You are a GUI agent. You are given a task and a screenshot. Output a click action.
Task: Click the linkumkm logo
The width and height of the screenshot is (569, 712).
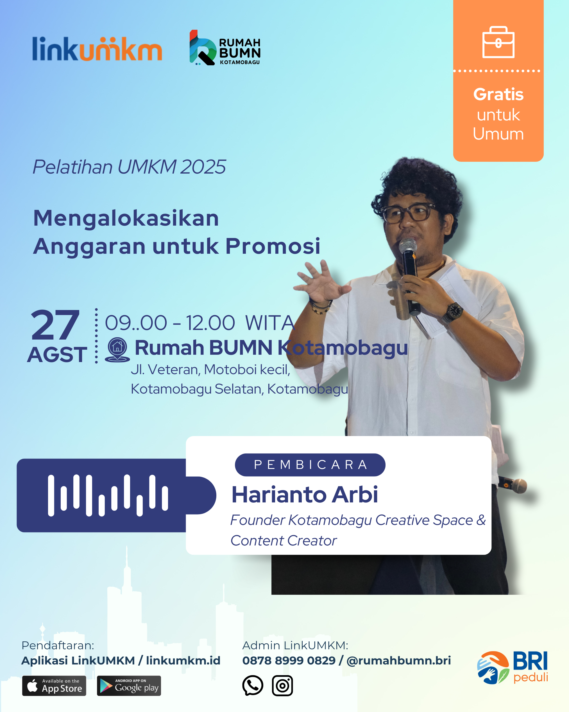tap(97, 49)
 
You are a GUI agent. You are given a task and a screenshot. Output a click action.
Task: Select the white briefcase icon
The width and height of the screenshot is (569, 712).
tap(498, 42)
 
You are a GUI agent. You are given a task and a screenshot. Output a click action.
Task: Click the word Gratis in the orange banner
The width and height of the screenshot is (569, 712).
tap(498, 95)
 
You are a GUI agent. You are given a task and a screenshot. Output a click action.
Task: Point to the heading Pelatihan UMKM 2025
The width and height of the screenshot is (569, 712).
tap(129, 167)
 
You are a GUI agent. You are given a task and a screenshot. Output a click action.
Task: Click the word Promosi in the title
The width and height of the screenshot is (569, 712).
tap(273, 246)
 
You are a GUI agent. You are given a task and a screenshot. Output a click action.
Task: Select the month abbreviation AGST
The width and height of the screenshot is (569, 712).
tap(57, 355)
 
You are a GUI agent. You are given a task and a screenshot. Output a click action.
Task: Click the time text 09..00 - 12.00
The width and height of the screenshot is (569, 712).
tap(170, 323)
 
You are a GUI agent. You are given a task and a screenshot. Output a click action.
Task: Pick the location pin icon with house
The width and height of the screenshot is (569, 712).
tap(117, 349)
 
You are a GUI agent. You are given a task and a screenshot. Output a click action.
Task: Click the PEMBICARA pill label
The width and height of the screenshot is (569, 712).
tap(310, 465)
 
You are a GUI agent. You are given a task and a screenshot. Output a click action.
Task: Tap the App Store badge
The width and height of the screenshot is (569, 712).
tap(54, 686)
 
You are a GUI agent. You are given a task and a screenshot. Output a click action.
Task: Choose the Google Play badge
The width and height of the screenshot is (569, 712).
tap(129, 686)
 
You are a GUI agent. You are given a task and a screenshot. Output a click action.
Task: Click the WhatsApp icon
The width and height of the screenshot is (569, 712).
tap(253, 685)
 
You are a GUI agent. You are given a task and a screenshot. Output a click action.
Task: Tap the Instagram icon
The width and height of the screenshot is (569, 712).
tap(282, 686)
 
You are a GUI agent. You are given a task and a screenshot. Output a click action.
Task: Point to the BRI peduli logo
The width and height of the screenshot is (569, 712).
tap(512, 668)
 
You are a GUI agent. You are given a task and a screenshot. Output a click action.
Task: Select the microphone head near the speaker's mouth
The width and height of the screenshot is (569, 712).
tap(408, 245)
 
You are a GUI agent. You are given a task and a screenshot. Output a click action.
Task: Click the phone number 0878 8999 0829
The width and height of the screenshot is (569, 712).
tap(289, 661)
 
